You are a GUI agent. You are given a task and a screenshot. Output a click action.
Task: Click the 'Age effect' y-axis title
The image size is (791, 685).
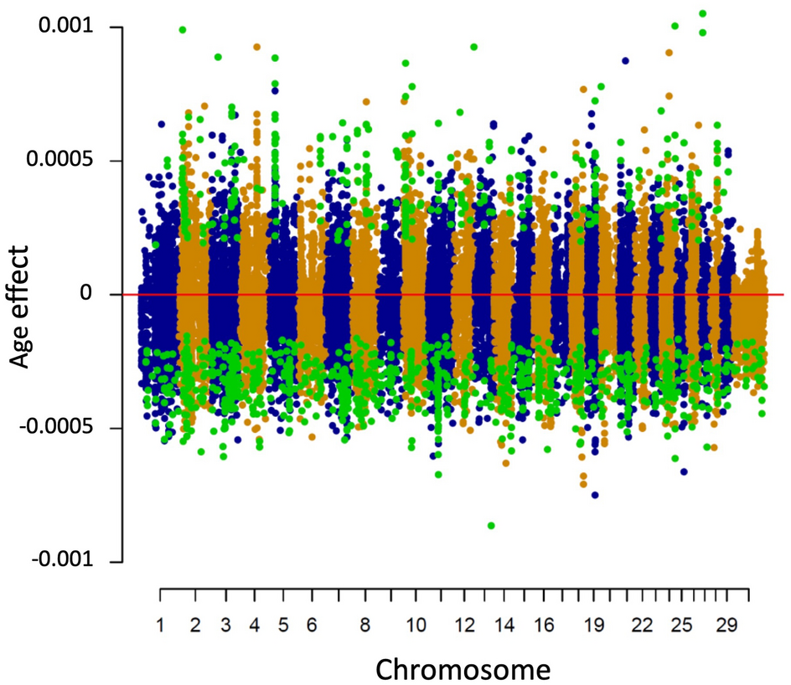(x=22, y=306)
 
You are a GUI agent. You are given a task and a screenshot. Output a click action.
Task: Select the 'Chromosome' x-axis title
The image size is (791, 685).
(x=463, y=669)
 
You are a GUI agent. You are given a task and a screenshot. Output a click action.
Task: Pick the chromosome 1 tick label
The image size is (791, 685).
(x=160, y=626)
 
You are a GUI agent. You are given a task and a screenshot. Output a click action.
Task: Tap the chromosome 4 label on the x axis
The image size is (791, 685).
(x=254, y=626)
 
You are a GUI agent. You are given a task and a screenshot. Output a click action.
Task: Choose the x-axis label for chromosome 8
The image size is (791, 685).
(x=364, y=626)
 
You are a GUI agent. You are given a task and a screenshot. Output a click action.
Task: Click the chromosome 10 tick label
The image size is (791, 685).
(x=415, y=626)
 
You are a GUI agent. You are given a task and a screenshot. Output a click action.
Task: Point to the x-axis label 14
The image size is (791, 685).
(x=504, y=626)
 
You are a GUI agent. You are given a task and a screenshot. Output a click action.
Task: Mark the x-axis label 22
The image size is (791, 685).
(x=642, y=626)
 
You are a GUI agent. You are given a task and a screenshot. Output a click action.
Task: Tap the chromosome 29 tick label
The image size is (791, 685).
(x=727, y=626)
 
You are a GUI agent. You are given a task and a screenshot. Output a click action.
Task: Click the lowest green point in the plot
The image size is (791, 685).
(x=491, y=525)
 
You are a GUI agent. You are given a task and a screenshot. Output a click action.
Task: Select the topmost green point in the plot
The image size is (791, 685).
(x=702, y=13)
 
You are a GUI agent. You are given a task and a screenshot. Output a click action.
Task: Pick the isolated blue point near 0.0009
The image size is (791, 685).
(x=625, y=61)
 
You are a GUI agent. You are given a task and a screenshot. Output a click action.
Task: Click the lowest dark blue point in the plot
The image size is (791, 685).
(x=595, y=495)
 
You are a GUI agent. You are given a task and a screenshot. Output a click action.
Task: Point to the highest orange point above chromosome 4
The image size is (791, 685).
(x=257, y=47)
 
